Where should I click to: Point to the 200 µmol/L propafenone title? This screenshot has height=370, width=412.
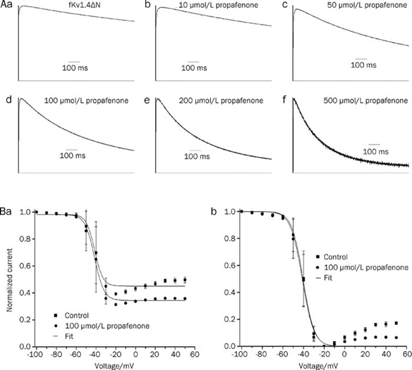pos(224,100)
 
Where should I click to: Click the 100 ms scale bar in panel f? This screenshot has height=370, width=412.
pos(374,143)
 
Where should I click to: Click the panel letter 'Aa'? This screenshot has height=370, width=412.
pos(6,6)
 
